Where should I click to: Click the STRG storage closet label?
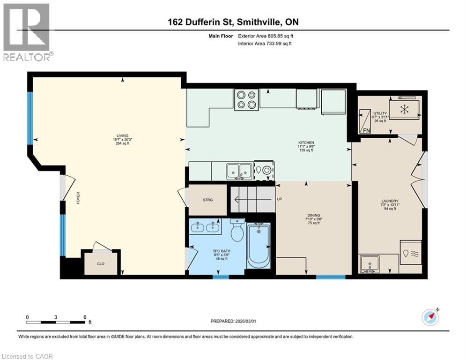tap(207, 200)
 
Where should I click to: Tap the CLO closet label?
tap(100, 263)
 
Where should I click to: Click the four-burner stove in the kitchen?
tap(246, 99)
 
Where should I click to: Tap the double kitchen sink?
tap(239, 171)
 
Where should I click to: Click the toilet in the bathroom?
tap(237, 231)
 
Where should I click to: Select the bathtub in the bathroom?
tap(259, 245)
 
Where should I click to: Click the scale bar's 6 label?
tap(85, 317)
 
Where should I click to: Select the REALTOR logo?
tap(27, 31)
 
